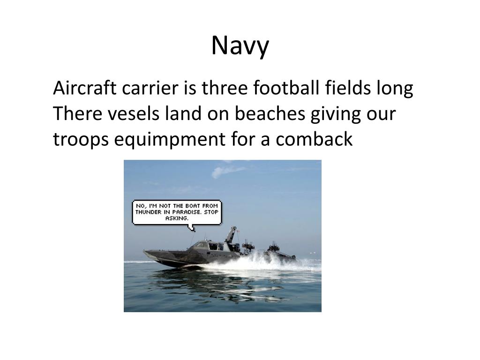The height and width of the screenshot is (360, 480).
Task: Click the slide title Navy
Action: (x=240, y=46)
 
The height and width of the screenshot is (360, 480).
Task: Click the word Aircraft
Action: (x=85, y=88)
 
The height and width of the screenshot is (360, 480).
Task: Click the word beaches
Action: (x=270, y=113)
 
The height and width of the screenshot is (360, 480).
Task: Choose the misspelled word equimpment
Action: (x=170, y=139)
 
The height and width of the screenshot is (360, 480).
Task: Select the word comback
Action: (x=314, y=139)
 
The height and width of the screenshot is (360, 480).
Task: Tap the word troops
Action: (x=81, y=140)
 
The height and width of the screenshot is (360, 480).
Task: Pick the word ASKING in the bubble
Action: (x=177, y=218)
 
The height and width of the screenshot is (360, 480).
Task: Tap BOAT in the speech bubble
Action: (x=193, y=206)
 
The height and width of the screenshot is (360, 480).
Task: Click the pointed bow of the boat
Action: (x=144, y=252)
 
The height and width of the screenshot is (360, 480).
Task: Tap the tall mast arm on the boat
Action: (x=231, y=234)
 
